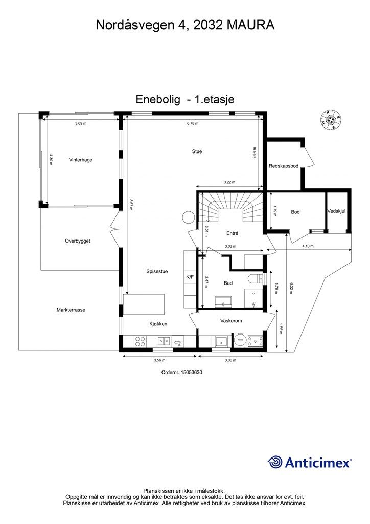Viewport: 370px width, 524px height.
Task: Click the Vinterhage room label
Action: (x=81, y=160)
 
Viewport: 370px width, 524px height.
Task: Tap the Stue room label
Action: (x=197, y=151)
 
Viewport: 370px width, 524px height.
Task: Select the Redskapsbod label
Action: (x=284, y=166)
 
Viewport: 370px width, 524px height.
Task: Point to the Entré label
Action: (x=233, y=233)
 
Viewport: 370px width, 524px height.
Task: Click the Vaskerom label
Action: (x=230, y=321)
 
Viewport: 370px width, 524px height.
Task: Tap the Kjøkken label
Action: (x=158, y=324)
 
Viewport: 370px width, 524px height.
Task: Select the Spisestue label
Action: (x=157, y=272)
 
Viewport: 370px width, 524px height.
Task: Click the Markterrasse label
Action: (x=71, y=310)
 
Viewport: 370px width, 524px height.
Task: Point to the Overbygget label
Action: (x=77, y=241)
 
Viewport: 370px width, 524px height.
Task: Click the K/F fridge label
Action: (x=190, y=277)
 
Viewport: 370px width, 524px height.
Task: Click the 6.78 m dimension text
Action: (x=193, y=123)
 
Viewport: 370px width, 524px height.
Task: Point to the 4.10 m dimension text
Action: (x=308, y=246)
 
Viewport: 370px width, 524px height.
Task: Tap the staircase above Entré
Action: (x=229, y=207)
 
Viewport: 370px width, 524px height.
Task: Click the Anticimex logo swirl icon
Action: (x=276, y=462)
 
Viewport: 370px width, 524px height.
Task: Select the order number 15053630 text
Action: (x=182, y=373)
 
